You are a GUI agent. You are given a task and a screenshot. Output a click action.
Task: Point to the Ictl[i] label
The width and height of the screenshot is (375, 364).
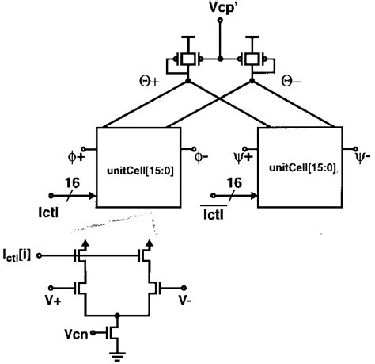tap(21, 255)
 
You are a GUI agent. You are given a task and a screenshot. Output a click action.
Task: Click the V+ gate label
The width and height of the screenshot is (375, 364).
tap(55, 300)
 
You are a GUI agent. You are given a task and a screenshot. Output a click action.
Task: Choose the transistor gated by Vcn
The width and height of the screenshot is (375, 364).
tap(115, 331)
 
